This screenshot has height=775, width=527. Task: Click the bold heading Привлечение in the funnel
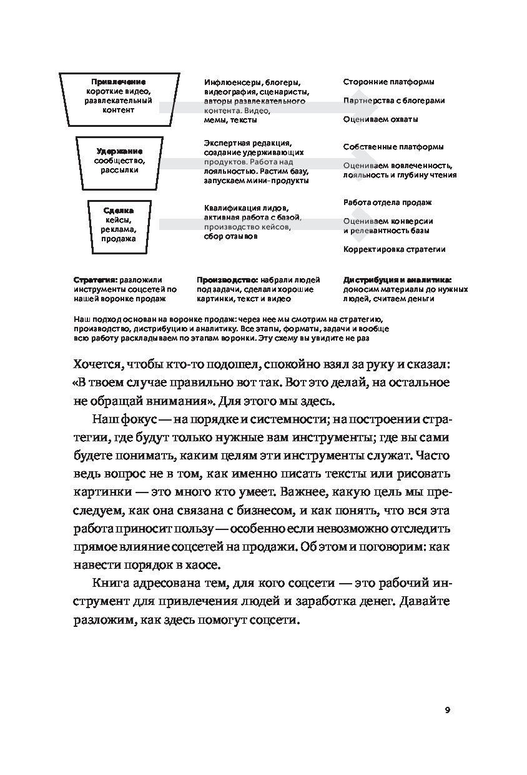point(119,82)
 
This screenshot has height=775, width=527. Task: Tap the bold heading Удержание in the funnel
point(119,151)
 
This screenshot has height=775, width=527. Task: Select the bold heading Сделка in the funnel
point(119,211)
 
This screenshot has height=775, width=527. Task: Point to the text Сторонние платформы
point(388,82)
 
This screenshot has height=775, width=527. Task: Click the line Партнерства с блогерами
point(394,100)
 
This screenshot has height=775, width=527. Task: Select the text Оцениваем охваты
point(380,119)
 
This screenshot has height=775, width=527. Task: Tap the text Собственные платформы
point(393,147)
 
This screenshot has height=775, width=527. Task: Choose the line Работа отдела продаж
point(387,202)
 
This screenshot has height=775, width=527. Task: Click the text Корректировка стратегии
point(394,249)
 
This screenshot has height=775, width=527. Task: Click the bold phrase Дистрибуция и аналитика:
point(397,281)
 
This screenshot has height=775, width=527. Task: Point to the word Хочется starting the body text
point(94,364)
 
